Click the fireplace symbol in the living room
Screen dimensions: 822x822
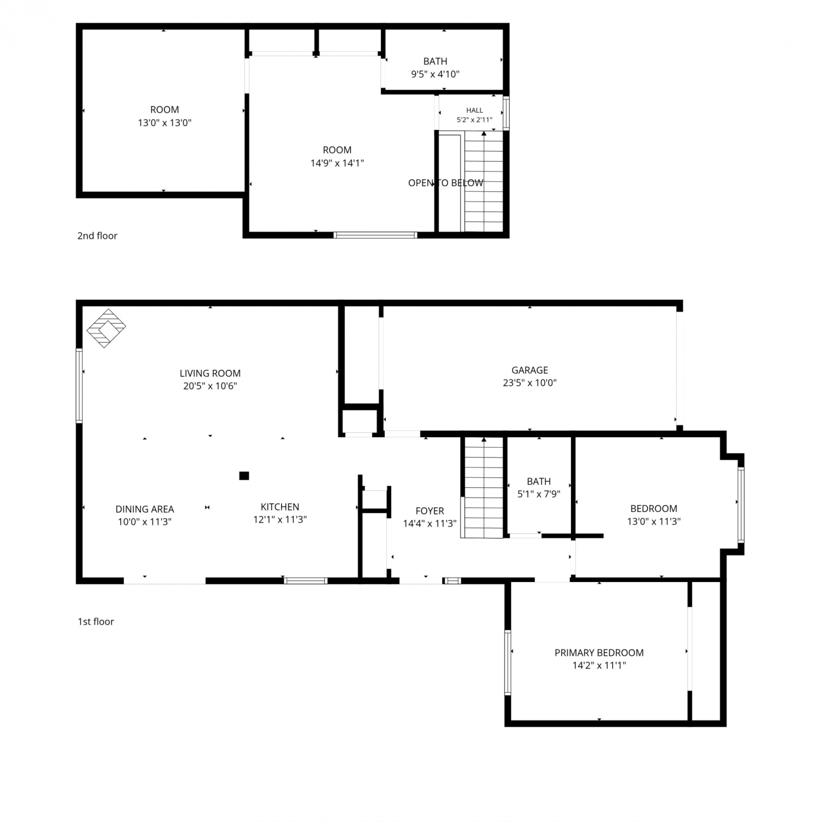coord(106,328)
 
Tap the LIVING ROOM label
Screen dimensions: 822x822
coord(210,373)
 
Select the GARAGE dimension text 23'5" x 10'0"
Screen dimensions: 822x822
coord(529,383)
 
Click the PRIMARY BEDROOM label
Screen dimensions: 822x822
coord(599,653)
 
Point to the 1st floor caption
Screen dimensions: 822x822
coord(96,621)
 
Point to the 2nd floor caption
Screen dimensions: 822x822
coord(98,236)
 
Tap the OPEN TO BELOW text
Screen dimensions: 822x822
coord(446,183)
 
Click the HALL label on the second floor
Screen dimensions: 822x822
coord(475,110)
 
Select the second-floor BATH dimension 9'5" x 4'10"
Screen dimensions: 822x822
coord(435,74)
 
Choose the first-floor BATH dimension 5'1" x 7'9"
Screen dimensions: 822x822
coord(539,494)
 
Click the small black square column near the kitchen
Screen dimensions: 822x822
coord(244,476)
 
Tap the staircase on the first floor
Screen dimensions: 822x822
coord(483,487)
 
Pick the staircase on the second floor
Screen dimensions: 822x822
coord(483,181)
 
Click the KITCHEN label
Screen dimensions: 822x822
coord(280,507)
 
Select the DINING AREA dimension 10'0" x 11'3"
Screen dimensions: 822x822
coord(145,522)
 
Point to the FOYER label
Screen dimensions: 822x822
coord(430,511)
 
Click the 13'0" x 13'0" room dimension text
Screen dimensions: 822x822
coord(164,123)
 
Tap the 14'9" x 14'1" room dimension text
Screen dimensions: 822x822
coord(337,163)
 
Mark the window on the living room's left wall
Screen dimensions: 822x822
coord(79,386)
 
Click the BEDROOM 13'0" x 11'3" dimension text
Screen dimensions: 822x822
coord(654,522)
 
